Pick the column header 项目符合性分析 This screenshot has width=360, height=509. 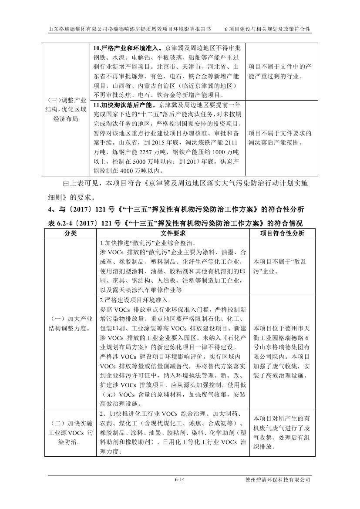point(282,233)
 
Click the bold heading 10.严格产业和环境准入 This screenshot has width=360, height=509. point(126,48)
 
